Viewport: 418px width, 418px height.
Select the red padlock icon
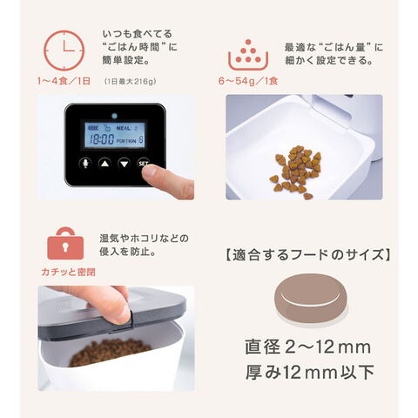click(65, 243)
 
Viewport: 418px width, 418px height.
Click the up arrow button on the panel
click(104, 164)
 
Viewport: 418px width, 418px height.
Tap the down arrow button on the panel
click(125, 164)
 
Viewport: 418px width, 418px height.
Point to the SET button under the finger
click(143, 163)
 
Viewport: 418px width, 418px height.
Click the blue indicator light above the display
click(114, 116)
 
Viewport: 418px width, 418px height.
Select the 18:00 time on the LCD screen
click(102, 139)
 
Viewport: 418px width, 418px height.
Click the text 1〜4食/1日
click(64, 81)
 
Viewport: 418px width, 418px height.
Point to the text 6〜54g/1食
click(248, 81)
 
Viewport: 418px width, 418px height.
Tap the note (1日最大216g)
click(131, 82)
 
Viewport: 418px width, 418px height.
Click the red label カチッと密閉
click(68, 272)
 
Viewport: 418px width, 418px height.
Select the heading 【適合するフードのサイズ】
click(307, 255)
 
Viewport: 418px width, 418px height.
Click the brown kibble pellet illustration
click(311, 296)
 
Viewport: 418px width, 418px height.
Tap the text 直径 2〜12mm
click(308, 347)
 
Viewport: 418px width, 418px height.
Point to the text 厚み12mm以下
click(310, 373)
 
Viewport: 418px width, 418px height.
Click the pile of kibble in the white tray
click(296, 172)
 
